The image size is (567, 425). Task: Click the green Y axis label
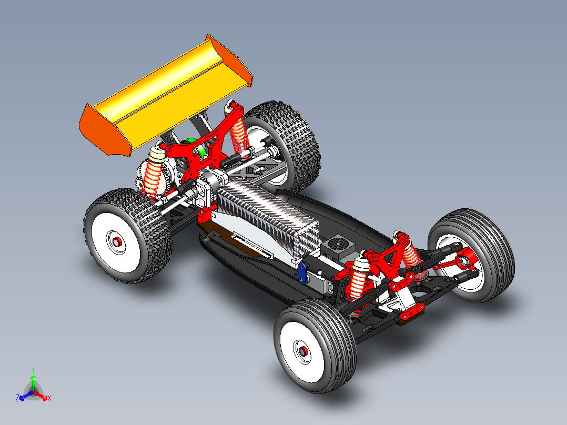pos(33,370)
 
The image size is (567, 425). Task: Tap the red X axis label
pos(49,399)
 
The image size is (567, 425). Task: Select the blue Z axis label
pos(17,399)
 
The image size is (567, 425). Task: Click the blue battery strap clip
pos(302,273)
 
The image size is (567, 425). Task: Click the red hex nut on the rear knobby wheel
pos(118,242)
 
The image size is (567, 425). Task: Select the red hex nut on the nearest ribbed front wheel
pos(302,351)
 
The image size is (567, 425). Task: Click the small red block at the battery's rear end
pos(205,214)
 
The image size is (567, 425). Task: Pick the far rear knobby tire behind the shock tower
pos(295,142)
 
